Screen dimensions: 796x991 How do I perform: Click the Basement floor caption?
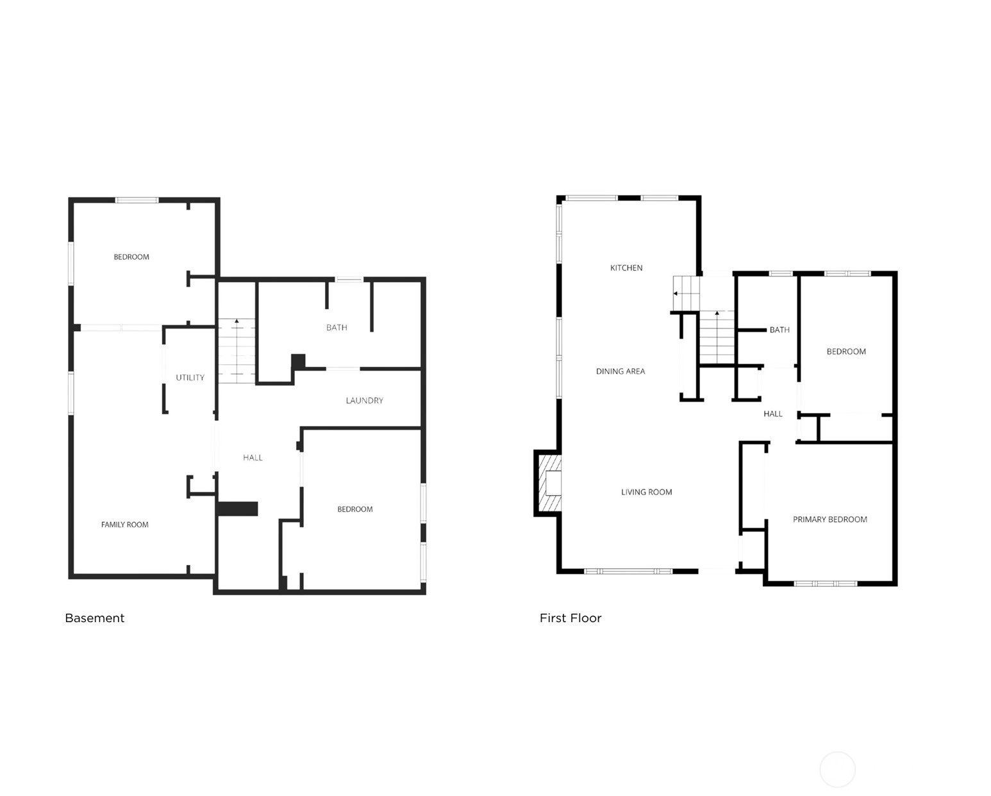pos(95,618)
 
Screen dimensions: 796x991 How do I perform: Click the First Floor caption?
pos(570,618)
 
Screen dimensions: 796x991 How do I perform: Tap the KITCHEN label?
pos(626,267)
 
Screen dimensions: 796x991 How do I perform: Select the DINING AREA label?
pos(620,371)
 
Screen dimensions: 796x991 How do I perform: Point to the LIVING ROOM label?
pos(646,492)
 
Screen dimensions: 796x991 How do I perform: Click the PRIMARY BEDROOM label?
pos(829,520)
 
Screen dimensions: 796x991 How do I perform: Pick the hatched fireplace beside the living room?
pos(549,483)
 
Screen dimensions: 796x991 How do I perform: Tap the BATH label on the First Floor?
pos(779,330)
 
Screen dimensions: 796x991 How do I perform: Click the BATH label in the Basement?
pos(337,327)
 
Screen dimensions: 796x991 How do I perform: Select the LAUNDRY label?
pos(364,400)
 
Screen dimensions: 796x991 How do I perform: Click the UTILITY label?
pos(190,377)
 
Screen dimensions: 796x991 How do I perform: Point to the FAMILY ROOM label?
pos(124,524)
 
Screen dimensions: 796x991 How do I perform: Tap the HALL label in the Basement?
pos(253,457)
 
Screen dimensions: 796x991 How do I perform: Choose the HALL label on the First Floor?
pos(772,414)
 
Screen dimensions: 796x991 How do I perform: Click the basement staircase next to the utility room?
pos(237,351)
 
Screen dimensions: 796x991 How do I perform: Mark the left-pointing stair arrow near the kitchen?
pos(676,293)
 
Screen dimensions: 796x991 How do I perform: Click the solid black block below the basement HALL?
pos(238,509)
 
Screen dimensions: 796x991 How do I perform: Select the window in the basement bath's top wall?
pos(349,280)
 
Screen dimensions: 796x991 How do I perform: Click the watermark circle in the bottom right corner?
pos(837,769)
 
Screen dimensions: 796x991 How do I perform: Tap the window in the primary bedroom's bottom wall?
pos(825,583)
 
